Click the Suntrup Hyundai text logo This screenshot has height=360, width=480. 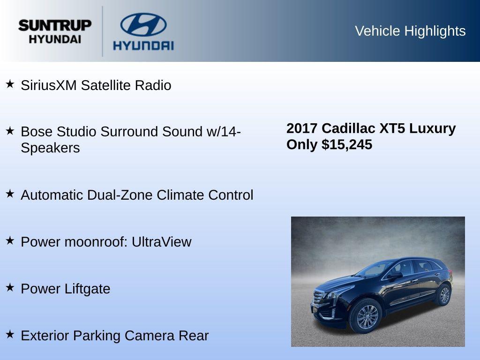pos(55,31)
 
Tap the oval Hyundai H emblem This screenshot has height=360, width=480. pos(143,24)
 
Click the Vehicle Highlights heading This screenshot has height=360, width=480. pos(410,31)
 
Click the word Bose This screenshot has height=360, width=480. pos(37,132)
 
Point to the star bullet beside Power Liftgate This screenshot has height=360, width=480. pos(10,287)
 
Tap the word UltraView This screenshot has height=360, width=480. pos(161,242)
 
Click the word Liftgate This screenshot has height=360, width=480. pos(88,289)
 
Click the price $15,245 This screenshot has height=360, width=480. pos(347,144)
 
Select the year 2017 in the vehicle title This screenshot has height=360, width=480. pos(302,128)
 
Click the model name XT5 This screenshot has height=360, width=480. pos(391,128)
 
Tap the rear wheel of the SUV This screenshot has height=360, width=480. pos(443,295)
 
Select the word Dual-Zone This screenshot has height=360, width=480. pos(119,195)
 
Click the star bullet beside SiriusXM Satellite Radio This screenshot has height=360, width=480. pos(10,84)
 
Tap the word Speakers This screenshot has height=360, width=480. pos(50,148)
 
